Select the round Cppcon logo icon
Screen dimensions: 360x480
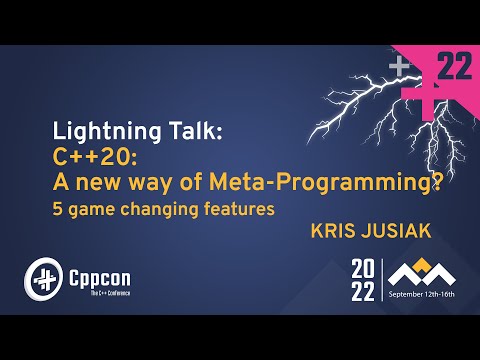coord(42,277)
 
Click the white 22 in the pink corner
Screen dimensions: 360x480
coord(455,67)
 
